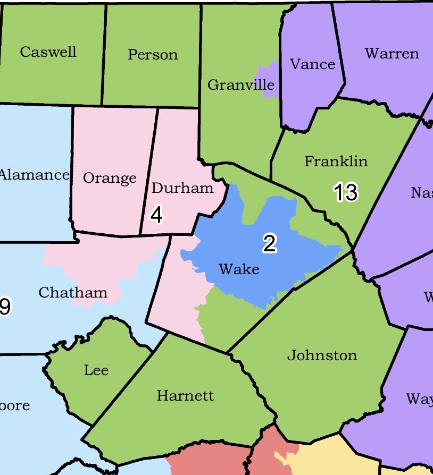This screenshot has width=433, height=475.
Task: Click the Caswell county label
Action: pos(48,52)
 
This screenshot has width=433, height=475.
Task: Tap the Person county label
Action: pos(153,55)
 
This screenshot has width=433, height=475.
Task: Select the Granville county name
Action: pos(240,85)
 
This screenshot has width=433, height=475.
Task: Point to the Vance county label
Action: pos(312,64)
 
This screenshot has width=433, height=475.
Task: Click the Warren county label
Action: pos(392,54)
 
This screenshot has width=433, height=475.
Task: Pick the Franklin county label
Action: pos(336,162)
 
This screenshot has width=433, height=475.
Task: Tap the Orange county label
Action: pos(110,178)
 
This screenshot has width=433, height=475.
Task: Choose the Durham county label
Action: pos(182,188)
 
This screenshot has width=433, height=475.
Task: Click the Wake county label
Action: pos(239,269)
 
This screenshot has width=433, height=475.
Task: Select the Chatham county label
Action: pos(73,293)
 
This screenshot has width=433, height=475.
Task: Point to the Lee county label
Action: pos(96,370)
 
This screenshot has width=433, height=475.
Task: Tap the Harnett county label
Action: pos(185,396)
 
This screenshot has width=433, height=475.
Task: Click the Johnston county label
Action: pos(322,355)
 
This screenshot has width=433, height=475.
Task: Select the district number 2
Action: pos(270,243)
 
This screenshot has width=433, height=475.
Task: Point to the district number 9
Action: pos(5,307)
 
